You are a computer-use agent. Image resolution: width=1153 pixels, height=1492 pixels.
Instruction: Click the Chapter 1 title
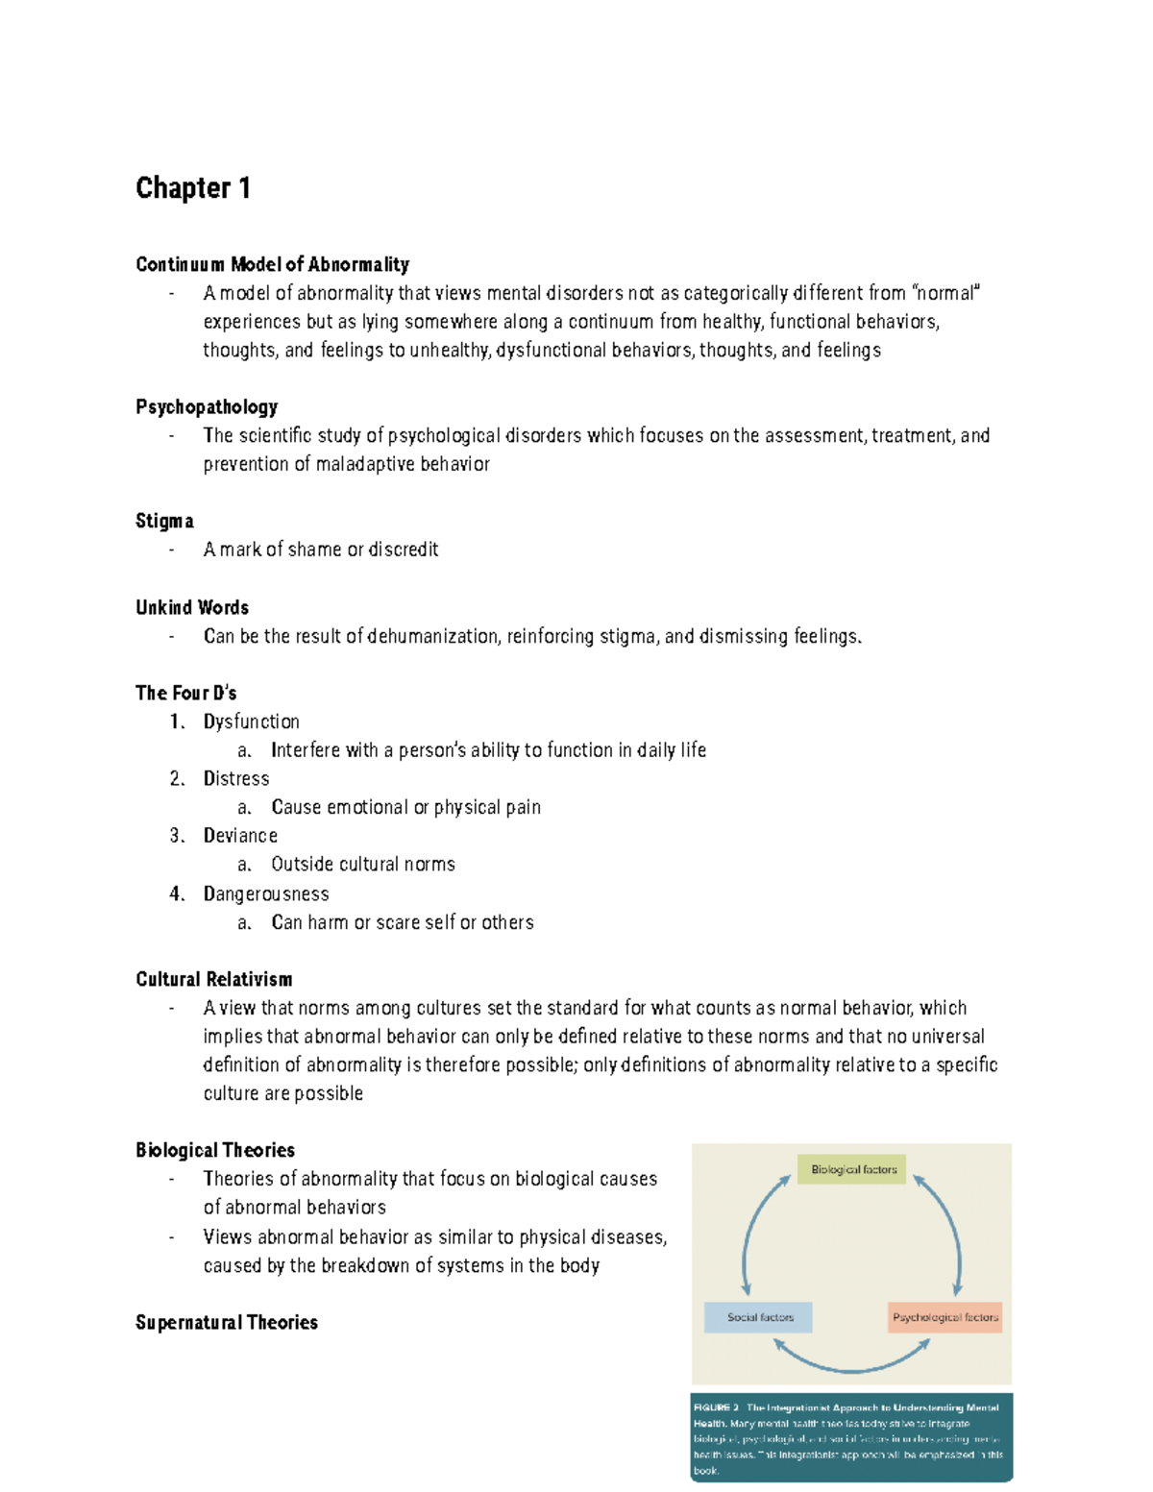pyautogui.click(x=193, y=188)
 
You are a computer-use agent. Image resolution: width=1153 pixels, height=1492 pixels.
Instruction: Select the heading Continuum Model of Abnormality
pyautogui.click(x=272, y=264)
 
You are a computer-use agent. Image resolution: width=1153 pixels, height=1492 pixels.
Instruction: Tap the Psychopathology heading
pyautogui.click(x=207, y=406)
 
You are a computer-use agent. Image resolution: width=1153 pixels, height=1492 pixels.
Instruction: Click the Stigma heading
pyautogui.click(x=164, y=521)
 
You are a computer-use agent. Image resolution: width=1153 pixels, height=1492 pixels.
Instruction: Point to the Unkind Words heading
pyautogui.click(x=192, y=607)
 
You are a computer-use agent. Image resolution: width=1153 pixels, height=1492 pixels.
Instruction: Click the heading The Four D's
pyautogui.click(x=185, y=693)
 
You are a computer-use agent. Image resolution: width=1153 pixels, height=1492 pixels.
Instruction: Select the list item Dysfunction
pyautogui.click(x=251, y=722)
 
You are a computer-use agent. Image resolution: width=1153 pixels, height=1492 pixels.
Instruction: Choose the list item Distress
pyautogui.click(x=235, y=778)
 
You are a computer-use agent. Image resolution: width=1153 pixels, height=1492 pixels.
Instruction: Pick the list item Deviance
pyautogui.click(x=240, y=836)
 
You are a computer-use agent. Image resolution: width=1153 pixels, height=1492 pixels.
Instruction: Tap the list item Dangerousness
pyautogui.click(x=266, y=894)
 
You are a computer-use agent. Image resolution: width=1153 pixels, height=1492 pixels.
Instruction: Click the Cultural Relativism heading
pyautogui.click(x=214, y=979)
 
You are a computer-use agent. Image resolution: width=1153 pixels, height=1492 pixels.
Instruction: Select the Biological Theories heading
pyautogui.click(x=215, y=1150)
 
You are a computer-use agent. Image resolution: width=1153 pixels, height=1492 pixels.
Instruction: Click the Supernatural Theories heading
pyautogui.click(x=227, y=1322)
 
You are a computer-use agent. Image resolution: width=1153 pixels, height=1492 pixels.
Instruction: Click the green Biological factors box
pyautogui.click(x=852, y=1169)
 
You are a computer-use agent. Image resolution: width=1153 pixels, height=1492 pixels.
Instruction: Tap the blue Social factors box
pyautogui.click(x=758, y=1317)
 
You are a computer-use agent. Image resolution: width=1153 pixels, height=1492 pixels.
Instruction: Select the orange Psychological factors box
pyautogui.click(x=945, y=1317)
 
